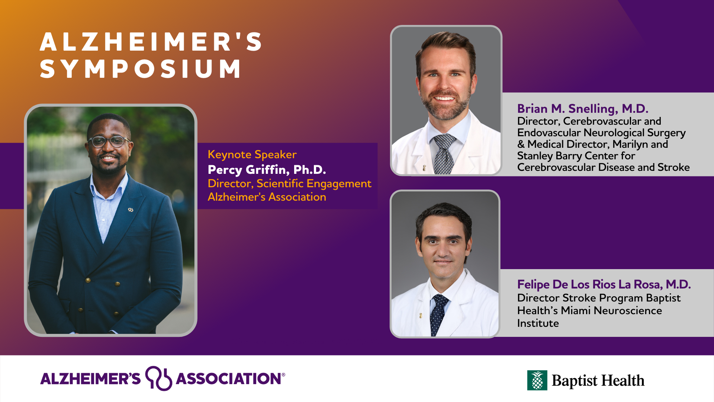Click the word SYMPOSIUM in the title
point(141,69)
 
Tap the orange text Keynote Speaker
point(252,154)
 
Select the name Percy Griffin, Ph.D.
point(267,170)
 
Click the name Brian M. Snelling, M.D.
point(583,109)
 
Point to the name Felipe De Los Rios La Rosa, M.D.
point(604,284)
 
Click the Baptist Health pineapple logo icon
point(537,380)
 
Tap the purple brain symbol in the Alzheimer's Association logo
point(158,378)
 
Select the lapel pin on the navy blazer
point(131,210)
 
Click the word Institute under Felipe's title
point(538,323)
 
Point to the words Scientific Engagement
point(314,184)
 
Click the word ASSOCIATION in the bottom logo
point(228,379)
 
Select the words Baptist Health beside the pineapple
point(598,380)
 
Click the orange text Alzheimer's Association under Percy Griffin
point(267,197)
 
